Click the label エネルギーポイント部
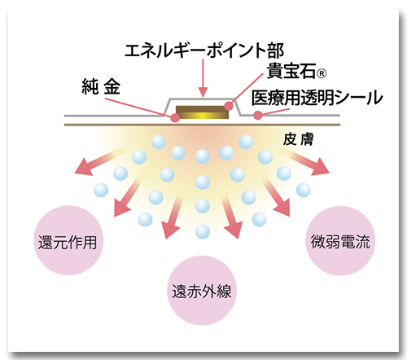(x=204, y=50)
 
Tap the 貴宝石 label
(x=291, y=71)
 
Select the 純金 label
(x=101, y=87)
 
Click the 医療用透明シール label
(x=317, y=98)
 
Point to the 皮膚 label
(x=298, y=139)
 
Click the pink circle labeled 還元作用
(x=69, y=240)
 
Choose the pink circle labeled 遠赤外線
(x=202, y=290)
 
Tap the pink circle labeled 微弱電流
(x=340, y=241)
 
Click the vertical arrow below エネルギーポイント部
(x=203, y=77)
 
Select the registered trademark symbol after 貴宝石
(x=322, y=73)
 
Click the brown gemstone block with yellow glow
(x=202, y=112)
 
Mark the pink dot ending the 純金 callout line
(x=175, y=118)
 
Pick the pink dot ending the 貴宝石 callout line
(x=229, y=106)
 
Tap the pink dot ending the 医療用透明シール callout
(x=258, y=116)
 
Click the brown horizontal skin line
(x=202, y=125)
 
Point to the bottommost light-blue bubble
(x=203, y=232)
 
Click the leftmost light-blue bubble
(x=101, y=190)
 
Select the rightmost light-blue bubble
(x=304, y=190)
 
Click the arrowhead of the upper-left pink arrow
(x=83, y=167)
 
